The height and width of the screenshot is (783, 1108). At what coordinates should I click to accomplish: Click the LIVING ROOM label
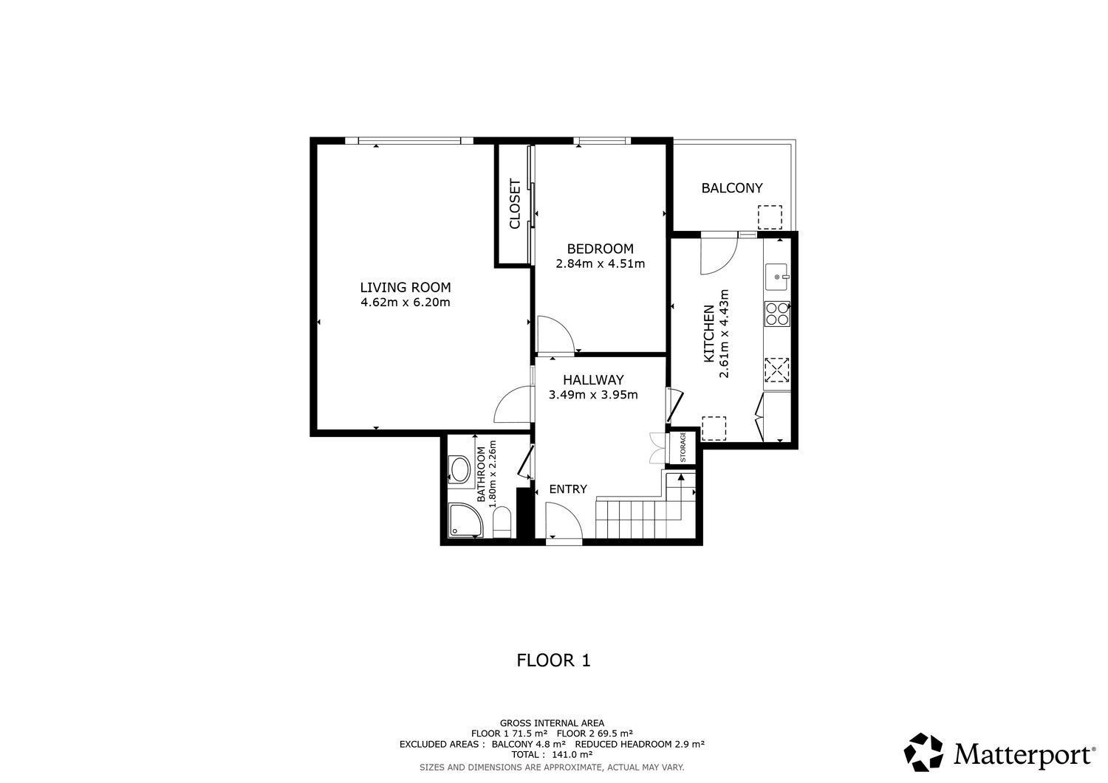(405, 287)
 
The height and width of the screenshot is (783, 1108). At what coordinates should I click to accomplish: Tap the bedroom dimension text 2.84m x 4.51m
(600, 263)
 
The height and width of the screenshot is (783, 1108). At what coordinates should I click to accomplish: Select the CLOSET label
(515, 204)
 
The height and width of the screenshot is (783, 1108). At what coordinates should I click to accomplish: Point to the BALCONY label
(731, 188)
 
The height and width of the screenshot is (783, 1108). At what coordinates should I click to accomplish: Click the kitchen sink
(777, 277)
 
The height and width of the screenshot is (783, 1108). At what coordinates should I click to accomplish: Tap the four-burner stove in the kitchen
(777, 314)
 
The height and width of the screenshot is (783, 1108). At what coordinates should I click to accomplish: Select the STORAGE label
(683, 447)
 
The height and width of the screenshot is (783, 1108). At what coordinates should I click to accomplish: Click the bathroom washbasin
(460, 469)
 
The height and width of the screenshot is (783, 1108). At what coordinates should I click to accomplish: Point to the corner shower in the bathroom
(465, 520)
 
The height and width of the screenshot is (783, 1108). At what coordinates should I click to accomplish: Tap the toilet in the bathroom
(502, 522)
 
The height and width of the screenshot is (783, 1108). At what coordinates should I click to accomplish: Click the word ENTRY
(568, 489)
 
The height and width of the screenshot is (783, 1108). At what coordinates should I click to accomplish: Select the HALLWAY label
(593, 379)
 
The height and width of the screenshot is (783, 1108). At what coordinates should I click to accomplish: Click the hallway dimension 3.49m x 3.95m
(593, 395)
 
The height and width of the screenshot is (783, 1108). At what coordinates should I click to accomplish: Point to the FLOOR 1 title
(553, 660)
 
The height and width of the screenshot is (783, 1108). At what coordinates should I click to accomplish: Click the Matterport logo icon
(923, 752)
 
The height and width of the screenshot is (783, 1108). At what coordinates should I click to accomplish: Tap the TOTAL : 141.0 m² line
(552, 754)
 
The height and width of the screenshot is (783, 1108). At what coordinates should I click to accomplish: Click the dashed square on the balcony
(770, 217)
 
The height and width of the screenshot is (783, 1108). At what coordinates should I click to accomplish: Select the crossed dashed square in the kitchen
(777, 370)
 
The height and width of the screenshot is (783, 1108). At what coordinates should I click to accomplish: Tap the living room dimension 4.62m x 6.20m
(405, 302)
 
